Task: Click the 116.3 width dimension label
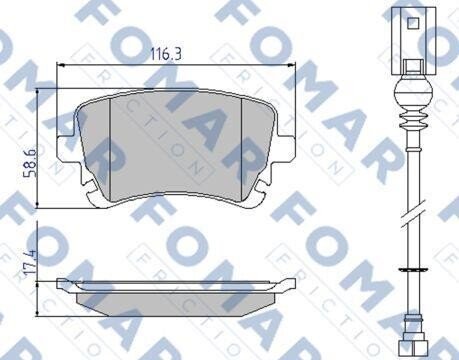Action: click(166, 54)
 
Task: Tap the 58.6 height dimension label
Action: click(30, 162)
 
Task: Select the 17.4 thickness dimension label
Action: click(30, 262)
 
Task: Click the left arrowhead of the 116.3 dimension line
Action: click(60, 65)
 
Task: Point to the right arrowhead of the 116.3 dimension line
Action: click(292, 65)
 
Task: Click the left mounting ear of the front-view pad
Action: click(67, 147)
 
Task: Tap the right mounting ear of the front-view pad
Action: click(286, 147)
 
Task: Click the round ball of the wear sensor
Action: click(413, 91)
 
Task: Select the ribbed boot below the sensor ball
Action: click(413, 118)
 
